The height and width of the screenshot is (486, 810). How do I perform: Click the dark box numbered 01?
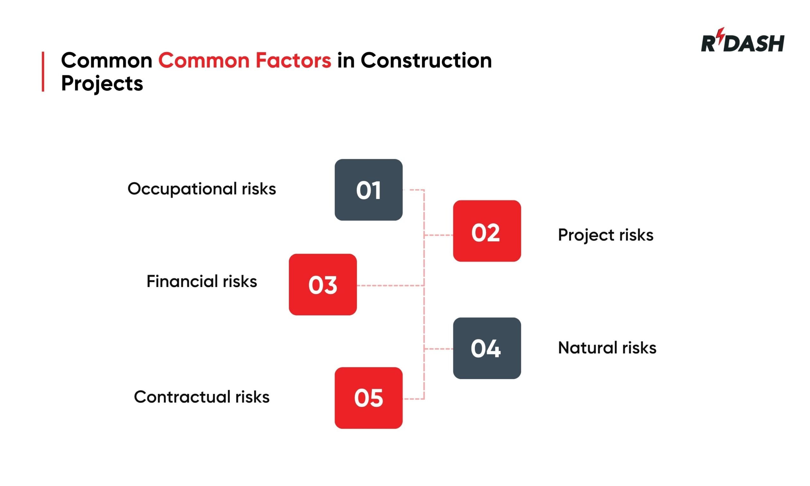(368, 190)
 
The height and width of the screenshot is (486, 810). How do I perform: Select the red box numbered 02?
(487, 231)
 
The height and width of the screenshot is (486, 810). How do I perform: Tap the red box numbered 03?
(322, 284)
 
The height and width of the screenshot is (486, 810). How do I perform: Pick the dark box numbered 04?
(487, 348)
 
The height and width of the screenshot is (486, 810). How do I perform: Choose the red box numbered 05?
(368, 398)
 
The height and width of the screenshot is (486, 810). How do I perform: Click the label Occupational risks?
(202, 189)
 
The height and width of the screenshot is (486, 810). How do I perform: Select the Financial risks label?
(202, 281)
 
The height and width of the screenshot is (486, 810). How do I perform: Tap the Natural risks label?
(607, 348)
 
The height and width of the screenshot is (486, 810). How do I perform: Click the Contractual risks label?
(202, 397)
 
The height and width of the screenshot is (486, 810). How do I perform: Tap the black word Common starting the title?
(107, 61)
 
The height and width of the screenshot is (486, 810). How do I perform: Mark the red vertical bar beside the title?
(43, 72)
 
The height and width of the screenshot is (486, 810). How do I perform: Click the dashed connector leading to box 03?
(390, 286)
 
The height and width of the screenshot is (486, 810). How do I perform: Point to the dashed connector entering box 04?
(439, 349)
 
